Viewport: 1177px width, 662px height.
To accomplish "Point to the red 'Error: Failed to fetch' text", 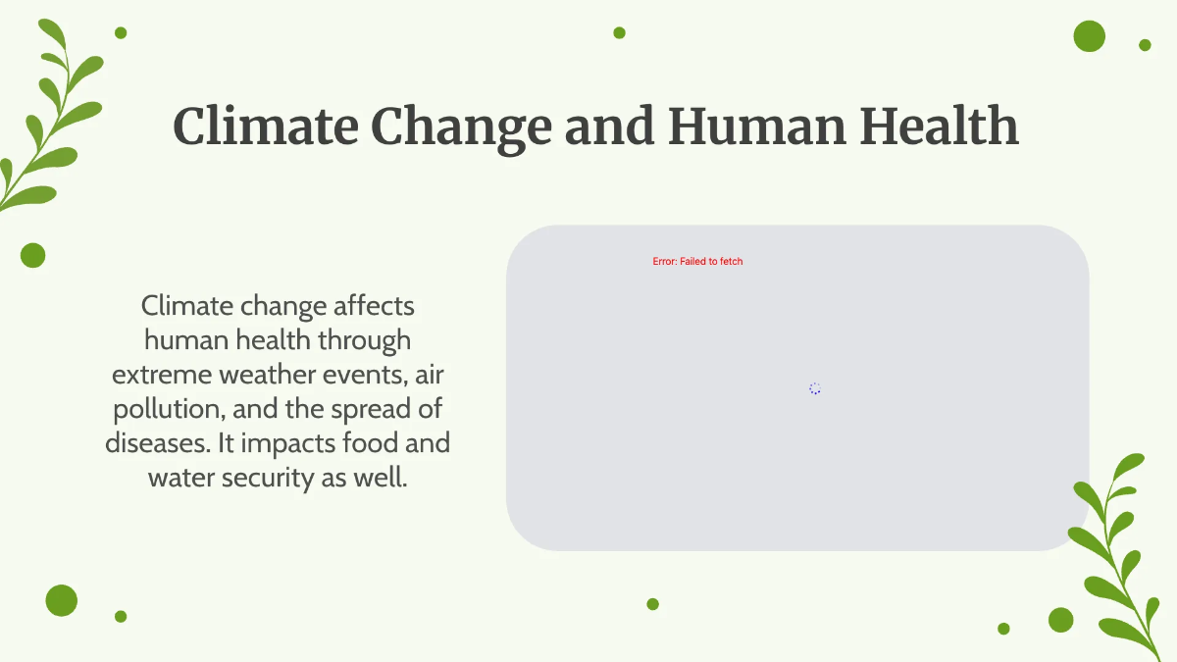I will (x=697, y=262).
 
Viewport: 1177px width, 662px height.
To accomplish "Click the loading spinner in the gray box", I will (x=814, y=388).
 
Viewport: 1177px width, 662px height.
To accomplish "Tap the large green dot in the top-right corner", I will (x=1089, y=36).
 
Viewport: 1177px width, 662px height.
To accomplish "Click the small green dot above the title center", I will (x=619, y=32).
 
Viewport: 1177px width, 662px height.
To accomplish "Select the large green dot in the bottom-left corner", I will (x=61, y=600).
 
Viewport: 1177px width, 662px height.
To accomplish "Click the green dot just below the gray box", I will (x=652, y=604).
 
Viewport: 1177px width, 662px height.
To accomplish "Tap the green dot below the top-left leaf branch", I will (x=32, y=255).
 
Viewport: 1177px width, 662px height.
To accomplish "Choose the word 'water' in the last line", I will (x=179, y=478).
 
